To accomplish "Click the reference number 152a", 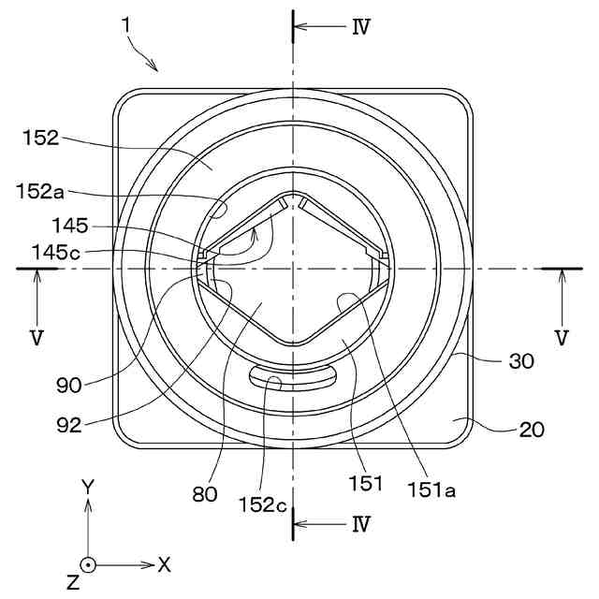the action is [x=40, y=191].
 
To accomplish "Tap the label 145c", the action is [x=56, y=252].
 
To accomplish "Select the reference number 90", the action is [x=69, y=385].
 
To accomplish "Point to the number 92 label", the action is [x=69, y=424].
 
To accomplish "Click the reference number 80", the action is [x=205, y=494].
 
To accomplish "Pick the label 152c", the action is [x=262, y=504].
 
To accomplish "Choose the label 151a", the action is [x=431, y=489].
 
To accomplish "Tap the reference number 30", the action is [x=521, y=360].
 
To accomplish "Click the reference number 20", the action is [x=532, y=430].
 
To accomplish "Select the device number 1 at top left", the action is [x=126, y=25].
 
